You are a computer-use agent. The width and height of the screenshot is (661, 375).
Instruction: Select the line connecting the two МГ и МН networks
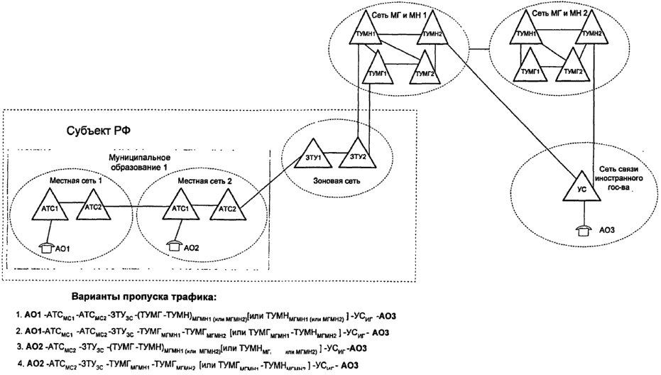click(x=483, y=50)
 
